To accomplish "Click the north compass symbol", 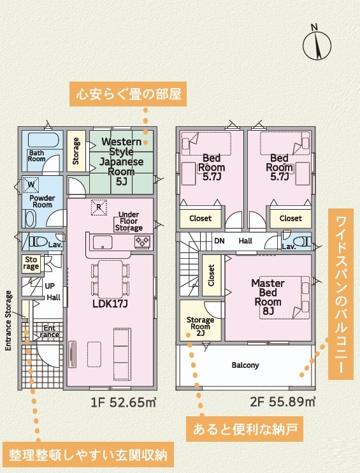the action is (317, 45).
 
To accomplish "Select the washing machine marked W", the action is (31, 185).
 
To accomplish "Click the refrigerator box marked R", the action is (99, 207).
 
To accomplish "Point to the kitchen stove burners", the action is (142, 242).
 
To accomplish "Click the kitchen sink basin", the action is (103, 242).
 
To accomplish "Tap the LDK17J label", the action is (110, 304).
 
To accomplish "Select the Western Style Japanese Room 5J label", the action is (122, 161).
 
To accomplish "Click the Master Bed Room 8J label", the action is (268, 297).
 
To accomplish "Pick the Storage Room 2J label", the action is (200, 326).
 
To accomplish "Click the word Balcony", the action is (245, 365).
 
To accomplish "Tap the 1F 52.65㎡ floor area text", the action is (124, 402).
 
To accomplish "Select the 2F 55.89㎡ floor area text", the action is (282, 402).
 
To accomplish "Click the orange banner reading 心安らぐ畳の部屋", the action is (128, 94).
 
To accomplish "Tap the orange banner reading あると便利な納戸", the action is (245, 429).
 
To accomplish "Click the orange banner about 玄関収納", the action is (88, 455).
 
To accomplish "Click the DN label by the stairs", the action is (219, 241).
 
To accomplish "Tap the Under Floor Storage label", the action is (129, 221).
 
